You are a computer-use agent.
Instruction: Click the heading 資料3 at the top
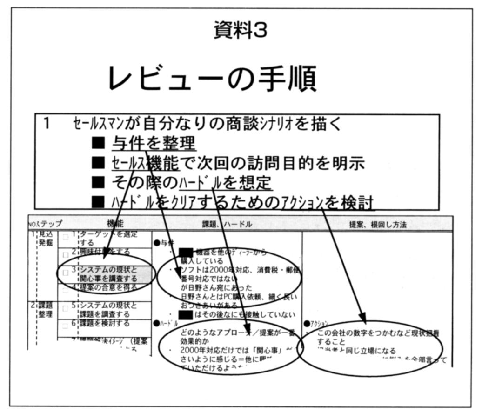point(240,31)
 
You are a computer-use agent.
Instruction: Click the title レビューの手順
point(212,79)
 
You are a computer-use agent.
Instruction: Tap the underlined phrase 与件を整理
point(154,143)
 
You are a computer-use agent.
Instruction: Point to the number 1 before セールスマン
point(47,123)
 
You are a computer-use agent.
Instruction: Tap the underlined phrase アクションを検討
point(328,202)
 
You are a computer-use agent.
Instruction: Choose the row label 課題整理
point(46,310)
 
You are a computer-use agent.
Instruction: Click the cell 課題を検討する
point(105,323)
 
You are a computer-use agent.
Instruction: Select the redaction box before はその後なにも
point(181,315)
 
